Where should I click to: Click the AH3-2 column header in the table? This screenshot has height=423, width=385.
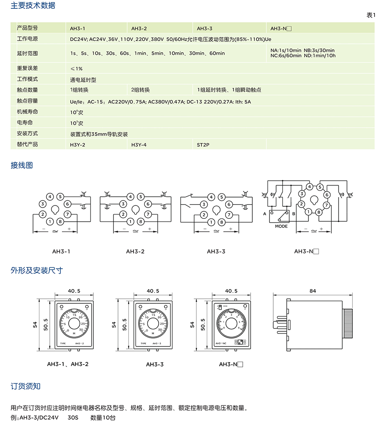tap(139, 28)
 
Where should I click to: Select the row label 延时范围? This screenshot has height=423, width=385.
tap(27, 54)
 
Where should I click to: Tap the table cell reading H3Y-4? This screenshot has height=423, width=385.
tap(139, 144)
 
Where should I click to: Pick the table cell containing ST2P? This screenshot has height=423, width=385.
tap(203, 144)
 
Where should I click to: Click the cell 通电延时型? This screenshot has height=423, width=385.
tap(83, 79)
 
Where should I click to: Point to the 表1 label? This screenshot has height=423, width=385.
tap(371, 15)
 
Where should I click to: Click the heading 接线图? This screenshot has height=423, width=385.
tap(21, 165)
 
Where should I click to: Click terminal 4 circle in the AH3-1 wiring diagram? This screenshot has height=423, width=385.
tap(50, 196)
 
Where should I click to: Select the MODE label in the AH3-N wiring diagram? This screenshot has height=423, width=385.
tap(281, 226)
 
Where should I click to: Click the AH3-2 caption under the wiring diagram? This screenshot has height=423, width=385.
tap(135, 251)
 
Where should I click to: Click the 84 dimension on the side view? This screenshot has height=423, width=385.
tap(313, 291)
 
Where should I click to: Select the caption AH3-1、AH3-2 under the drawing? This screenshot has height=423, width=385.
tap(68, 364)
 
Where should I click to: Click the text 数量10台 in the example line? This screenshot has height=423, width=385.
tap(103, 418)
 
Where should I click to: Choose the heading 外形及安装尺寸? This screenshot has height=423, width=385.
tap(36, 270)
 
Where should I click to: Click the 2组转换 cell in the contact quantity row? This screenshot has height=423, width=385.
tap(140, 90)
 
